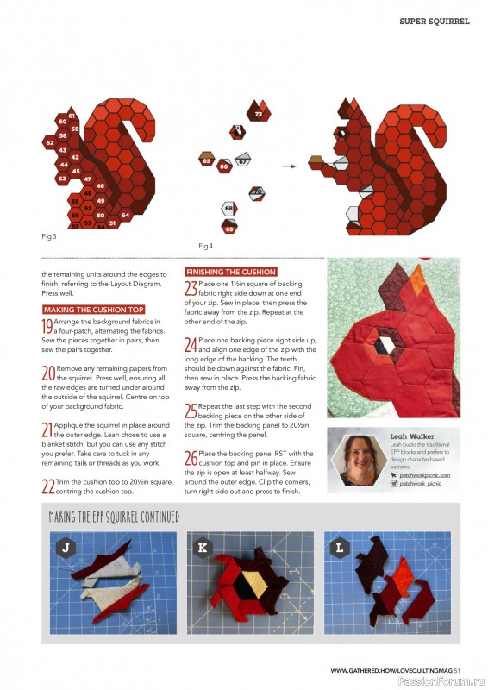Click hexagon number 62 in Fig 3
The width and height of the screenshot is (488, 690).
(x=50, y=142)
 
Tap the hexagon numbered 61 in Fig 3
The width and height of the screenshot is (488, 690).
(x=71, y=116)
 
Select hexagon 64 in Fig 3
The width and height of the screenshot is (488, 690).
(x=126, y=215)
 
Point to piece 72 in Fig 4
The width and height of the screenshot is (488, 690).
(x=258, y=114)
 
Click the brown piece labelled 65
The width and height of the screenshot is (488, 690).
(x=207, y=160)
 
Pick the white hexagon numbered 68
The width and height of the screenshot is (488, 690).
(x=228, y=208)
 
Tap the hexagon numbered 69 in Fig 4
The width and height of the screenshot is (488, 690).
(x=228, y=229)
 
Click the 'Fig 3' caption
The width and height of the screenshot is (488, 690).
(x=49, y=235)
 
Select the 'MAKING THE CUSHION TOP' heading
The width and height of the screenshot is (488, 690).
(x=93, y=309)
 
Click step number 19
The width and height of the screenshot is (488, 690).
(x=47, y=325)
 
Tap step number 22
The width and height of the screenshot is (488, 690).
(x=48, y=486)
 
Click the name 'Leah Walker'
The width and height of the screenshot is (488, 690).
(x=410, y=436)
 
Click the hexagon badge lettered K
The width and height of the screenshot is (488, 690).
(x=203, y=548)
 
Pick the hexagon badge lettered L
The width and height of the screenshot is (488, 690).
(x=339, y=548)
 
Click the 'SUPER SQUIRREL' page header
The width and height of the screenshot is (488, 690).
(x=435, y=21)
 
